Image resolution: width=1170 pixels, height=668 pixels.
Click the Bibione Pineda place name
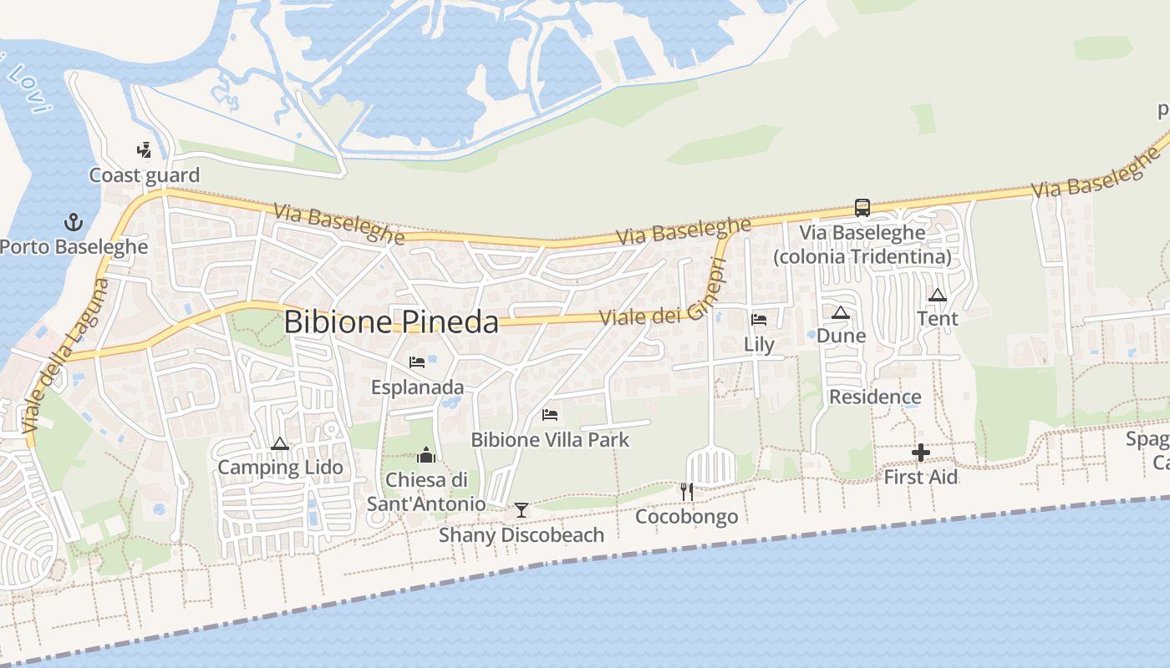coord(391,322)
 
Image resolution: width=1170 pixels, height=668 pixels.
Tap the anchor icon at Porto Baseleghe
coord(74,222)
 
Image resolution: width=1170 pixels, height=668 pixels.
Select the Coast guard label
coord(145,175)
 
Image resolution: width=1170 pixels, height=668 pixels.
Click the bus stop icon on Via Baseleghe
coord(862,207)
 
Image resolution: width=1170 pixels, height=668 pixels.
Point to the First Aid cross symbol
coord(921,453)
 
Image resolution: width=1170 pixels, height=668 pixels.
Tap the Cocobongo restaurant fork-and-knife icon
coord(687,492)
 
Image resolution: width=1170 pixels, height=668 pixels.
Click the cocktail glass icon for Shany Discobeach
coord(521,509)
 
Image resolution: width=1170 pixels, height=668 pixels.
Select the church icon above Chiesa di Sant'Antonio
coord(426,455)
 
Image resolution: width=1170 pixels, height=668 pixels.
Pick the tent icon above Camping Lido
coord(280,443)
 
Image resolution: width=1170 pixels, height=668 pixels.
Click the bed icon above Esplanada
coord(417,362)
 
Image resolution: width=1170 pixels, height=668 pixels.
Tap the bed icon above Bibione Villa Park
coord(550,414)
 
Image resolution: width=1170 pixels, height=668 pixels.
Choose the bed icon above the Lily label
coord(759,319)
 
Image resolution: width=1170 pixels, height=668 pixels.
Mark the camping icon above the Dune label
coord(841,312)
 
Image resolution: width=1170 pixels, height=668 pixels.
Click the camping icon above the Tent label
coord(938,295)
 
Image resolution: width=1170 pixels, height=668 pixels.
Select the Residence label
coord(875,397)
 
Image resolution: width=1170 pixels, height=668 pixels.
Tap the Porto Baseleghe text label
coord(74,247)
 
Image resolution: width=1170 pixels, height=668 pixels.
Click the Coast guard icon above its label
coord(145,150)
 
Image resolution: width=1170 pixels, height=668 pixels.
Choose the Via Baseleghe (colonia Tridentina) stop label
coord(862,245)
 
